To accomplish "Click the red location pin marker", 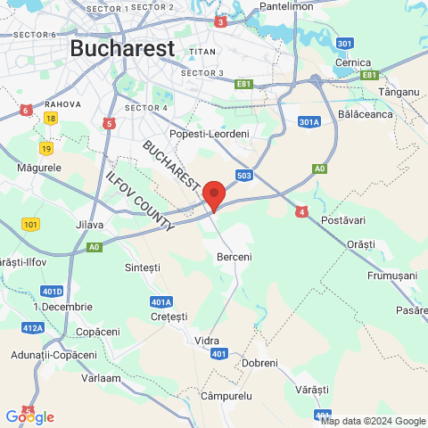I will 213,193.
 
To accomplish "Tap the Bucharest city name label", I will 121,48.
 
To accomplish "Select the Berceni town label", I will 235,257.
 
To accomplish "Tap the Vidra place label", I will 207,341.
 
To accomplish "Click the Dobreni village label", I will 259,363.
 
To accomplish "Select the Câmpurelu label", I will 226,394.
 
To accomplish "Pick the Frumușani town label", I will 392,276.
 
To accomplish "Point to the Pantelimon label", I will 286,6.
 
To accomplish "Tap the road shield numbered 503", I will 245,176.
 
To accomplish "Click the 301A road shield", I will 309,122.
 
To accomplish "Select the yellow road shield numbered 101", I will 32,224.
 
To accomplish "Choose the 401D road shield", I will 53,291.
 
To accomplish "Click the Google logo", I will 29,416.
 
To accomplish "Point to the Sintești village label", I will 143,267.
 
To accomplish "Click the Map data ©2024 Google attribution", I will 373,421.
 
